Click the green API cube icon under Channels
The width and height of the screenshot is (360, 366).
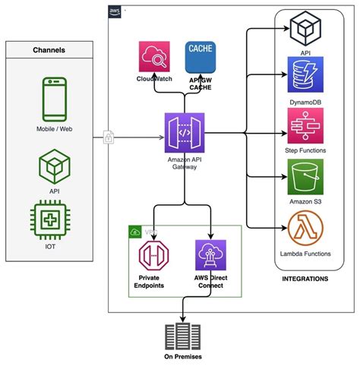54,165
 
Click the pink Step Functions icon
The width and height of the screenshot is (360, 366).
304,124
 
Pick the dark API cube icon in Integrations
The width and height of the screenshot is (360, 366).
304,30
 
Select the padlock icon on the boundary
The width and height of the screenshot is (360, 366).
109,137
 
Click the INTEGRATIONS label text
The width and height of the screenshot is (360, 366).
304,279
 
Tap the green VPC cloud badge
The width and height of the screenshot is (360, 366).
135,232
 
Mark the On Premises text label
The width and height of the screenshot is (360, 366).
182,357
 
